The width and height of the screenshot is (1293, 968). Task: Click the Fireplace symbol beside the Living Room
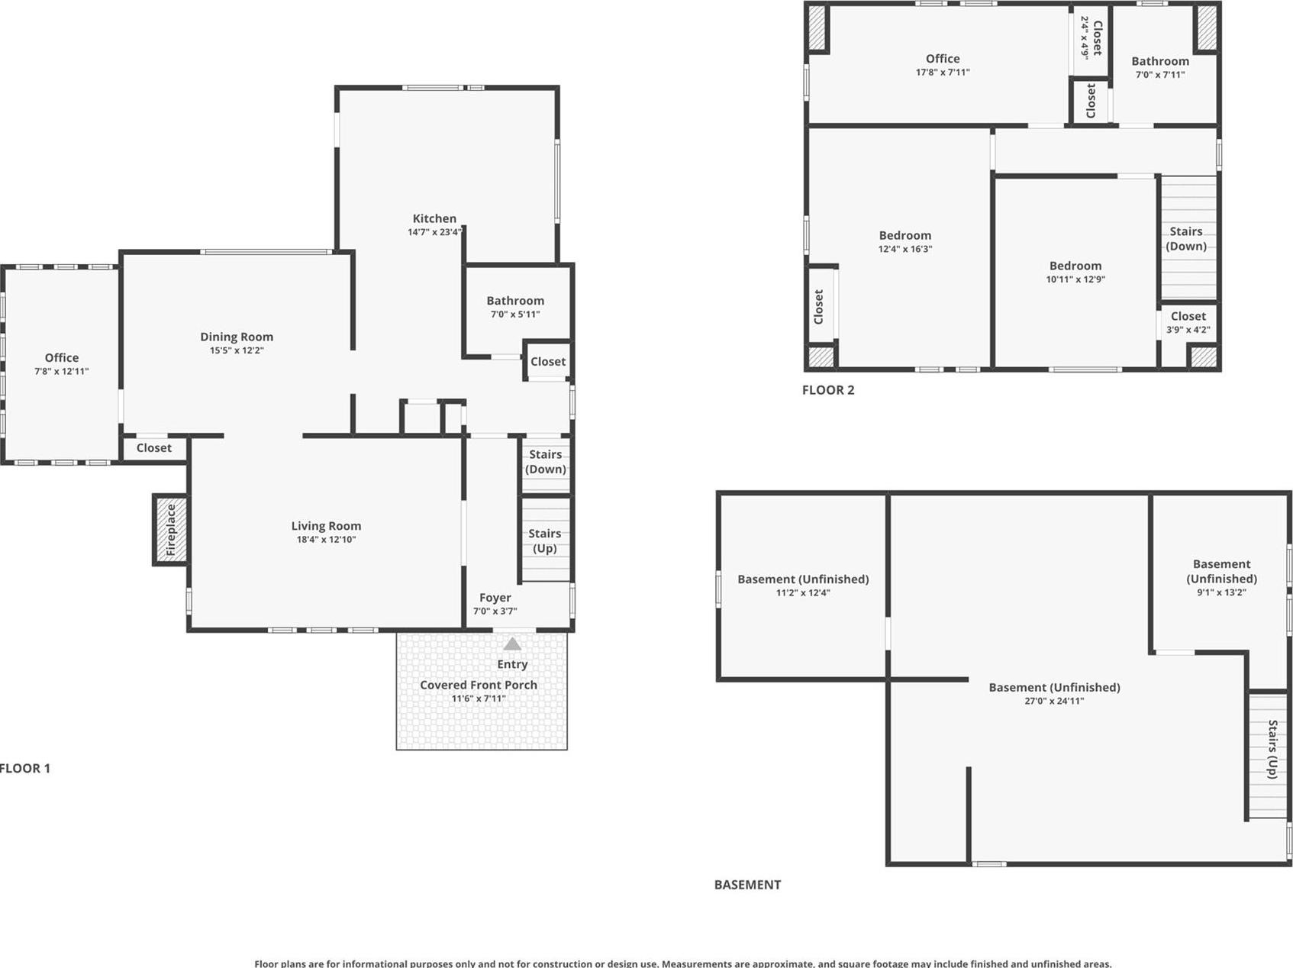[x=171, y=530]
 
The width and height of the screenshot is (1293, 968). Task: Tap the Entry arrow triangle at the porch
[x=512, y=644]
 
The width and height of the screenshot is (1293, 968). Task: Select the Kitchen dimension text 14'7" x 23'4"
[x=434, y=232]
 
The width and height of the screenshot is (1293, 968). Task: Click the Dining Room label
[x=237, y=337]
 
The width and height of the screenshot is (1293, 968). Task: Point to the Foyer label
[x=495, y=598]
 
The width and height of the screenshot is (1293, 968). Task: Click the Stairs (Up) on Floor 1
[x=544, y=540]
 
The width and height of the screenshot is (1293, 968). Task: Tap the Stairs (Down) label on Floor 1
[x=545, y=462]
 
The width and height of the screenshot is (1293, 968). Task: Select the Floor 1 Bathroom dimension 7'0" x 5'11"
[x=515, y=314]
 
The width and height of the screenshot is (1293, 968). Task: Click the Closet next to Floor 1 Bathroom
[x=548, y=361]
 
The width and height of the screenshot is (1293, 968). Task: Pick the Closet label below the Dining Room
[x=153, y=448]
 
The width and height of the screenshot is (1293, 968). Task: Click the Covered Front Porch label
[x=479, y=685]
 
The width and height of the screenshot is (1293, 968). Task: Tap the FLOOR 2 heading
[x=828, y=390]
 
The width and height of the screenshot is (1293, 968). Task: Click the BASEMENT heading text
[x=747, y=885]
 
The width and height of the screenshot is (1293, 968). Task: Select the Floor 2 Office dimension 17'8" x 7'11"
[x=943, y=73]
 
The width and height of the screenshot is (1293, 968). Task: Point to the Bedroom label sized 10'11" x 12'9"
[x=1075, y=266]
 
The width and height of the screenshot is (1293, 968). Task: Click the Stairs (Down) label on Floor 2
[x=1185, y=238]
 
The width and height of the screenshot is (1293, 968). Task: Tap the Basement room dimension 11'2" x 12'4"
[x=803, y=592]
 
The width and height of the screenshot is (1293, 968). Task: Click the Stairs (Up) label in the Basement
[x=1272, y=749]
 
